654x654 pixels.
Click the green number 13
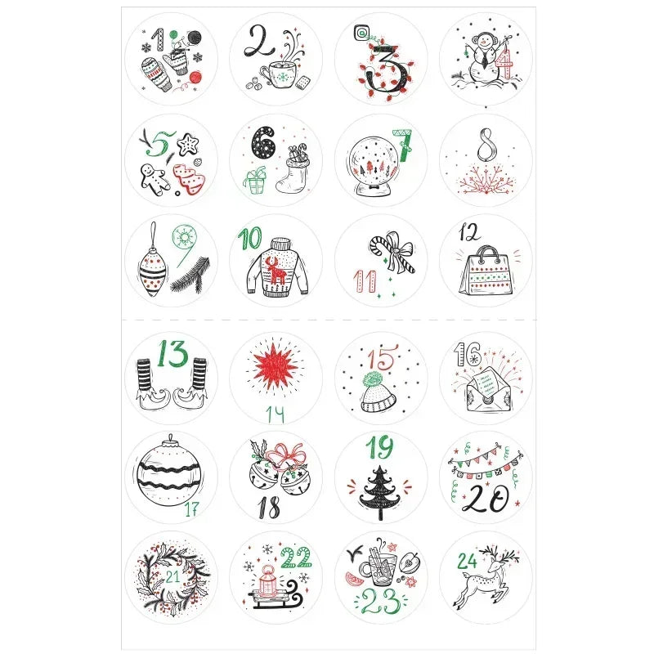(x=172, y=354)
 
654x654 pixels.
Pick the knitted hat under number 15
(x=379, y=393)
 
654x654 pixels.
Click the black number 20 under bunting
(x=486, y=499)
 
